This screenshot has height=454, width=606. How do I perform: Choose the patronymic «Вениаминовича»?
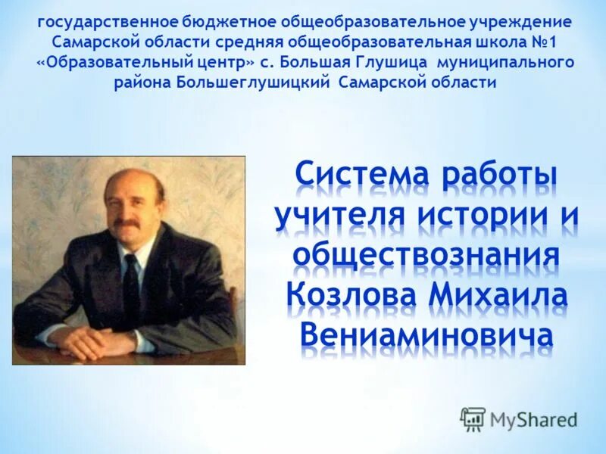(x=426, y=334)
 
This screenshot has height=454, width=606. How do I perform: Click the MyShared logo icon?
(x=473, y=418)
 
